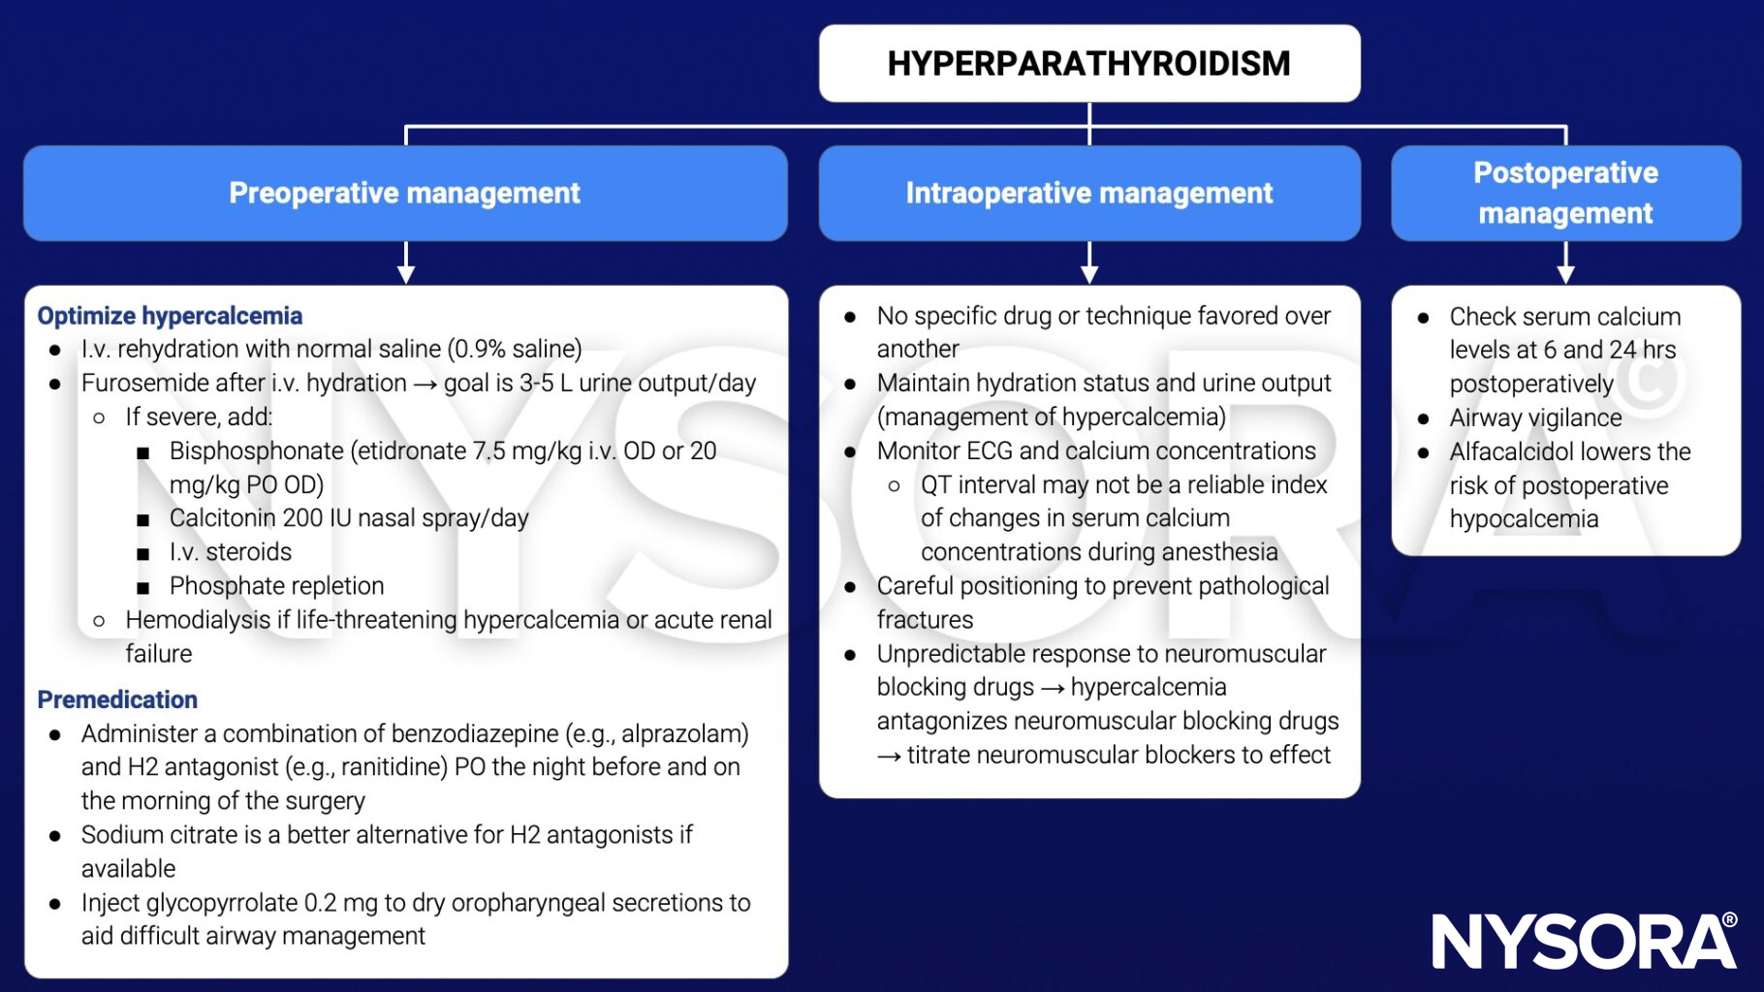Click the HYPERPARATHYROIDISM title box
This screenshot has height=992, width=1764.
click(x=1089, y=64)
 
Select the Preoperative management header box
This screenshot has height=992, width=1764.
click(x=405, y=193)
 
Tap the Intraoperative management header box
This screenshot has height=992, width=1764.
click(x=1089, y=193)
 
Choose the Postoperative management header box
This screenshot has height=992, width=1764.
click(x=1565, y=193)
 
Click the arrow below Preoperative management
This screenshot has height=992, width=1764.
click(x=406, y=263)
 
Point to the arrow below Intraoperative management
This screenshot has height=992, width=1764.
click(x=1089, y=263)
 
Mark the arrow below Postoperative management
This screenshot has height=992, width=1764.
click(x=1565, y=263)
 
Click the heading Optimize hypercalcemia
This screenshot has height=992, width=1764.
click(x=170, y=316)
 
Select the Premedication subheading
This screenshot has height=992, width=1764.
click(x=117, y=699)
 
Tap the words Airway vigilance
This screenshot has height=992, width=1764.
click(x=1535, y=418)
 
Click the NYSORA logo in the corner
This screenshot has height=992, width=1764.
click(x=1584, y=941)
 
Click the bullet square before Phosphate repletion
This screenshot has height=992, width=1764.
click(x=143, y=587)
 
